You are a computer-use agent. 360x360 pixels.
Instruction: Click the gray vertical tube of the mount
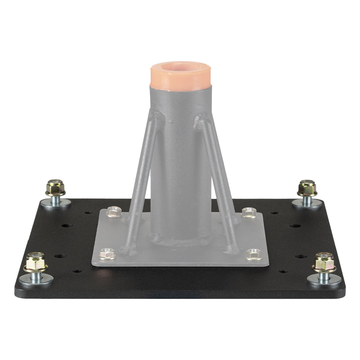pyautogui.click(x=180, y=168)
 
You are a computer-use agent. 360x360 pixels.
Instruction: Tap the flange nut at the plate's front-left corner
pyautogui.click(x=36, y=262)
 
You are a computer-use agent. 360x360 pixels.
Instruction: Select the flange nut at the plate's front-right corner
pyautogui.click(x=324, y=263)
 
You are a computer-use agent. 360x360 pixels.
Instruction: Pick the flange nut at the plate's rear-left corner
pyautogui.click(x=55, y=188)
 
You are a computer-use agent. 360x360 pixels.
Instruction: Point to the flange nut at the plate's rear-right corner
pyautogui.click(x=307, y=188)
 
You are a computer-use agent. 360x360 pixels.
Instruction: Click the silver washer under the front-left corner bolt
pyautogui.click(x=36, y=280)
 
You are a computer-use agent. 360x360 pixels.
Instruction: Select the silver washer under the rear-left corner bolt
pyautogui.click(x=56, y=203)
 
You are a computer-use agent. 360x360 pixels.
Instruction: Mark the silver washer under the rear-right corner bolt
pyautogui.click(x=307, y=203)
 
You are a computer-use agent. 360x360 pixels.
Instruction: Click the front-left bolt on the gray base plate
pyautogui.click(x=107, y=253)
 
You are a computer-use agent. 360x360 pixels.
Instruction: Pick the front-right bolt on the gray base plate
pyautogui.click(x=253, y=254)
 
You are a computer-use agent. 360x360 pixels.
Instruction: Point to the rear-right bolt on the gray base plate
pyautogui.click(x=249, y=212)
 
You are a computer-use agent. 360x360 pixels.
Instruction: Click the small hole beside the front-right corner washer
pyautogui.click(x=283, y=271)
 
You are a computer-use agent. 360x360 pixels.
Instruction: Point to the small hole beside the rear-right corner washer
pyautogui.click(x=274, y=212)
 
